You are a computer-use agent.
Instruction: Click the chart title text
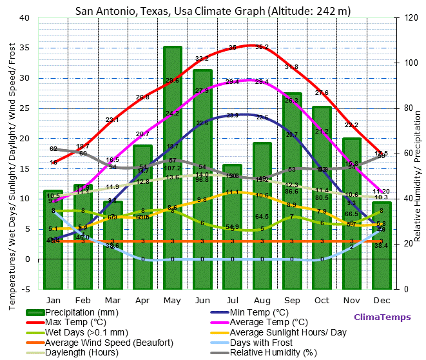[213, 11]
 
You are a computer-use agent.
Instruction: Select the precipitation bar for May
[172, 168]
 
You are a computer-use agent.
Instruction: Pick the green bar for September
[291, 191]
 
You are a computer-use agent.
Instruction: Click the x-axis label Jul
[232, 300]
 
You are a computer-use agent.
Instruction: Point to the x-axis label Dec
[381, 300]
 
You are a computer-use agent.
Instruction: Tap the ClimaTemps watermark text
[381, 317]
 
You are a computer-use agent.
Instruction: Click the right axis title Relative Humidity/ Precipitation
[418, 153]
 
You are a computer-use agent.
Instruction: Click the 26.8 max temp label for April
[142, 97]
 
